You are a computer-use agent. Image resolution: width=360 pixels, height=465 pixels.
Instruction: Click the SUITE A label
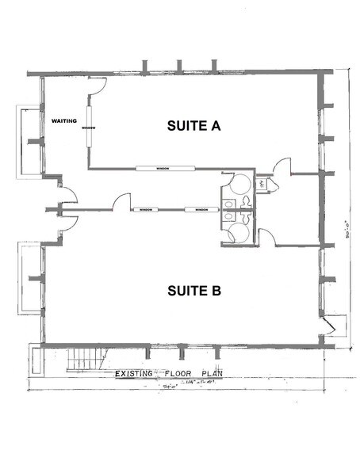coord(193,125)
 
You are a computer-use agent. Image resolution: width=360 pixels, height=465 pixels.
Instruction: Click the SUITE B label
coord(193,291)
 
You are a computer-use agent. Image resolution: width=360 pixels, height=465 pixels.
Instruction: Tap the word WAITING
coord(63,121)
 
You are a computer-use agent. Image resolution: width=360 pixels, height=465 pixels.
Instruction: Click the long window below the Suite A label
coord(165,168)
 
